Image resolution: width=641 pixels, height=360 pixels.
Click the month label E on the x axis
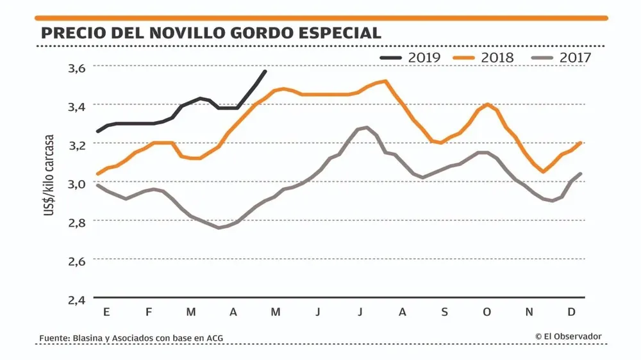click(x=106, y=312)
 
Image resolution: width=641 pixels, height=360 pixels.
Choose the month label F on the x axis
click(x=149, y=312)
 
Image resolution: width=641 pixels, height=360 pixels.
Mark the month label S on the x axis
click(x=444, y=312)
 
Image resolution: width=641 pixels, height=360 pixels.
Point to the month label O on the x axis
click(x=487, y=312)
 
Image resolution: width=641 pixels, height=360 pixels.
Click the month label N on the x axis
click(x=529, y=312)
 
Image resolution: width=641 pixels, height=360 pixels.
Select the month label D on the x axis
click(x=571, y=312)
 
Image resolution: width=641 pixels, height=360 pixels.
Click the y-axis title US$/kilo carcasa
click(x=49, y=183)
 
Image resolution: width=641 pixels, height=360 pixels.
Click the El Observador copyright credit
click(x=569, y=336)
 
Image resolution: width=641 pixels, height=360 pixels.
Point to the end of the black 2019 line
click(x=265, y=70)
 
